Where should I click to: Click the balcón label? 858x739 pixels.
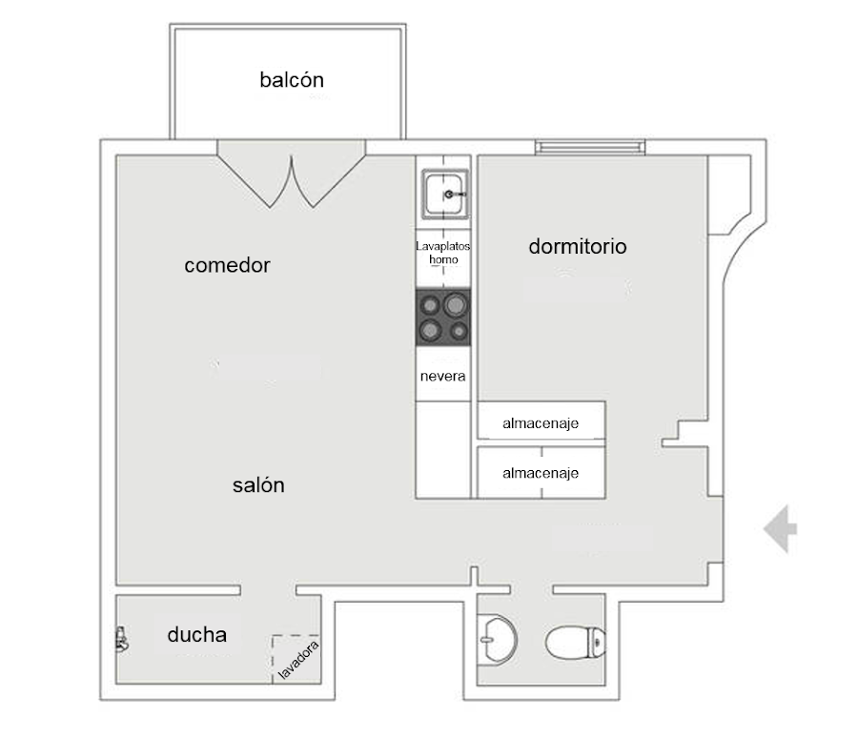point(292,80)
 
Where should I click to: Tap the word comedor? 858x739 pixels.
point(227,265)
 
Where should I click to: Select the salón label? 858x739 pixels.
point(258,485)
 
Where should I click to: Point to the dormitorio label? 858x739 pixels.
point(578,246)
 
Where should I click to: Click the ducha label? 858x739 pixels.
point(197,634)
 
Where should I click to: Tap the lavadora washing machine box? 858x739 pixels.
point(296,659)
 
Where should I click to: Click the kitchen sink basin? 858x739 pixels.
point(445,195)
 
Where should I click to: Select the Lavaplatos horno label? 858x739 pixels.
point(442,253)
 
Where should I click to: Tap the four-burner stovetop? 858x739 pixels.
point(443,317)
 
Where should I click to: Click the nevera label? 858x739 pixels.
point(442,376)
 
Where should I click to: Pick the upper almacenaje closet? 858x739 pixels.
point(541,420)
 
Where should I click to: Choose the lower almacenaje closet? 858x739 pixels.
point(541,472)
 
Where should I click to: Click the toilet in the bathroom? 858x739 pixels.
point(576,642)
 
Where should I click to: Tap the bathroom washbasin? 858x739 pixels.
point(498,640)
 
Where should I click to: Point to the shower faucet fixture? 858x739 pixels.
point(121,640)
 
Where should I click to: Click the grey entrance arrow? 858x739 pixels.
point(780,529)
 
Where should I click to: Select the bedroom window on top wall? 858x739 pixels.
point(590,147)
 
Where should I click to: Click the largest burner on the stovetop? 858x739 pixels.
point(456,304)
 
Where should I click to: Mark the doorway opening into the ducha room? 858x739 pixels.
point(268,590)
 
